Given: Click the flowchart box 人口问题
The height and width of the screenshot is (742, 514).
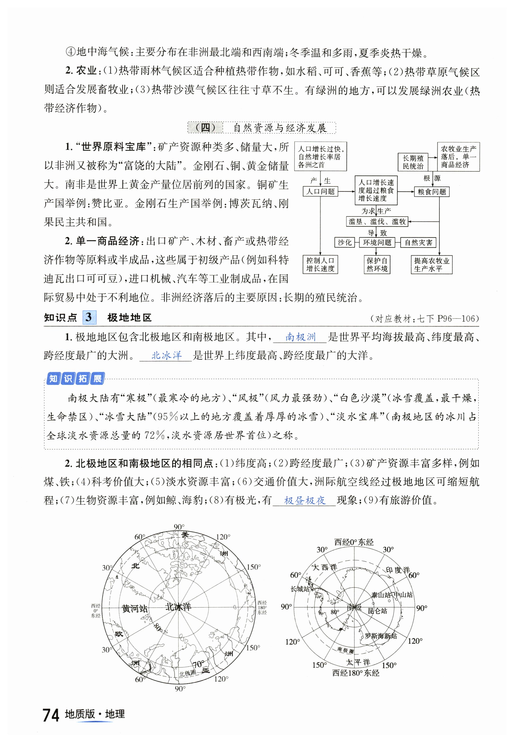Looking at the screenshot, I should tap(320, 192).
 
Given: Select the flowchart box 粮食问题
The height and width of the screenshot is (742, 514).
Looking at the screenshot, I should tap(432, 192).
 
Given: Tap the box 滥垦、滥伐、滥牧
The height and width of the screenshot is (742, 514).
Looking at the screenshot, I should tap(377, 221).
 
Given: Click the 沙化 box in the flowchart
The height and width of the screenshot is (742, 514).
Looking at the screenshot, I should tap(344, 242).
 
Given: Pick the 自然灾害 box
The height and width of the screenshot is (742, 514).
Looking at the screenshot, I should tap(418, 242).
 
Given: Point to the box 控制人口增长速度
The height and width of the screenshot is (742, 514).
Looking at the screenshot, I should tap(320, 264).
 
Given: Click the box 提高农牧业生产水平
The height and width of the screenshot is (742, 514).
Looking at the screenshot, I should tap(431, 264).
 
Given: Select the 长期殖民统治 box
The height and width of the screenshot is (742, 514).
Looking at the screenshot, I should tap(413, 162).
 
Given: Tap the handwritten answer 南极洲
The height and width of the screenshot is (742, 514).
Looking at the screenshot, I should tap(300, 337).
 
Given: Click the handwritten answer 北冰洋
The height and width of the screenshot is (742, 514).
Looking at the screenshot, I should tap(166, 355).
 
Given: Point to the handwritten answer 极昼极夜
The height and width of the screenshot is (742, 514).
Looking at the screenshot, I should tap(305, 500).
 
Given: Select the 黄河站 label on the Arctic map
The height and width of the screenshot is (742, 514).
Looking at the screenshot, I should tap(135, 608).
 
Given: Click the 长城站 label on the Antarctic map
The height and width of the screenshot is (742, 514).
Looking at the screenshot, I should tap(300, 589).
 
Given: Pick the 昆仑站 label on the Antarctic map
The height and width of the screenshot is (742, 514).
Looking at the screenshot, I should tap(377, 610).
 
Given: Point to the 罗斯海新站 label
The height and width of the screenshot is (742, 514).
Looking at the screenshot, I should tap(381, 636).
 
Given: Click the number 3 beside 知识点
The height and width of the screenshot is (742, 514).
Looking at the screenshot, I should tap(89, 317).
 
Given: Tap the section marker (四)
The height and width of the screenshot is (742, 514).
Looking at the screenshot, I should tap(205, 128).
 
